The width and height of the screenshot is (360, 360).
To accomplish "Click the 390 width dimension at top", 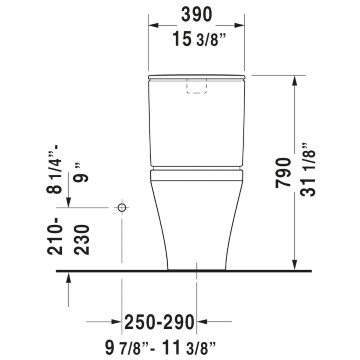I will [196, 15].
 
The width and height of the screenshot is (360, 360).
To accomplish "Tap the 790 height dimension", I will [284, 172].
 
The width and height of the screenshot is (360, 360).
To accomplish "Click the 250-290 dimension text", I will [160, 322].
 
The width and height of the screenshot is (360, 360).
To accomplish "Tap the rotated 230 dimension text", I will [82, 240].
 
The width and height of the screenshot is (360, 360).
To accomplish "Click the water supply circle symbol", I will [122, 208].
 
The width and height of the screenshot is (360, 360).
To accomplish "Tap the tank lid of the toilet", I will [196, 77].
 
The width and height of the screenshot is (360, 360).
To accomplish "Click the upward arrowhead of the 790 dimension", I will [295, 80].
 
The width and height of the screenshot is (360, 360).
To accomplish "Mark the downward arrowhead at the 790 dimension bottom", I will [295, 264].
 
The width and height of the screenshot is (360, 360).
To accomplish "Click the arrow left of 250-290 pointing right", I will [116, 321].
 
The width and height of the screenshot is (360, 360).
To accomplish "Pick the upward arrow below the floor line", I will [69, 278].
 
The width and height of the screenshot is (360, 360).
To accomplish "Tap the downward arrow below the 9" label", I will [69, 202].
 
